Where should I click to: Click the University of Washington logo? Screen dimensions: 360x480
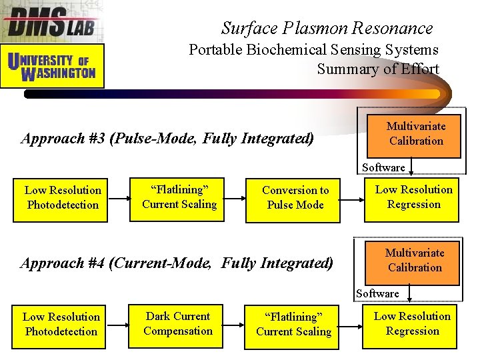[53, 66]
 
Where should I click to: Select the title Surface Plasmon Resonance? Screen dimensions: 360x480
[327, 28]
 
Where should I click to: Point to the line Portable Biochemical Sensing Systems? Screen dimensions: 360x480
[313, 50]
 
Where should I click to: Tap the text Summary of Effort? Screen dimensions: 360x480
[378, 69]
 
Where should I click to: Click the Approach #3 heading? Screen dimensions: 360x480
[167, 139]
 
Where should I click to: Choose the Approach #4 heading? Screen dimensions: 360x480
[177, 263]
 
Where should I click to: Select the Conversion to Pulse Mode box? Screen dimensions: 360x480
[294, 198]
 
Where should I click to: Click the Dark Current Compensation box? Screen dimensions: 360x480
[178, 324]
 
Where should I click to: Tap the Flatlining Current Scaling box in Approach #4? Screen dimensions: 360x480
[293, 325]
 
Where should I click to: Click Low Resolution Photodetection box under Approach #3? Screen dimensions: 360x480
[63, 198]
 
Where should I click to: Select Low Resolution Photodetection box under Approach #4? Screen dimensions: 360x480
[61, 325]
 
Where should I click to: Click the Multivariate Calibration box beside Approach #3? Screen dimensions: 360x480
[416, 133]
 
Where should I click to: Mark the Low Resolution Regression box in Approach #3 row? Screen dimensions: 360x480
[413, 197]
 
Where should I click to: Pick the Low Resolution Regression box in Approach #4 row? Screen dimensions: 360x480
[412, 324]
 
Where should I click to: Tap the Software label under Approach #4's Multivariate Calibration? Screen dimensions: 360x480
[377, 293]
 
